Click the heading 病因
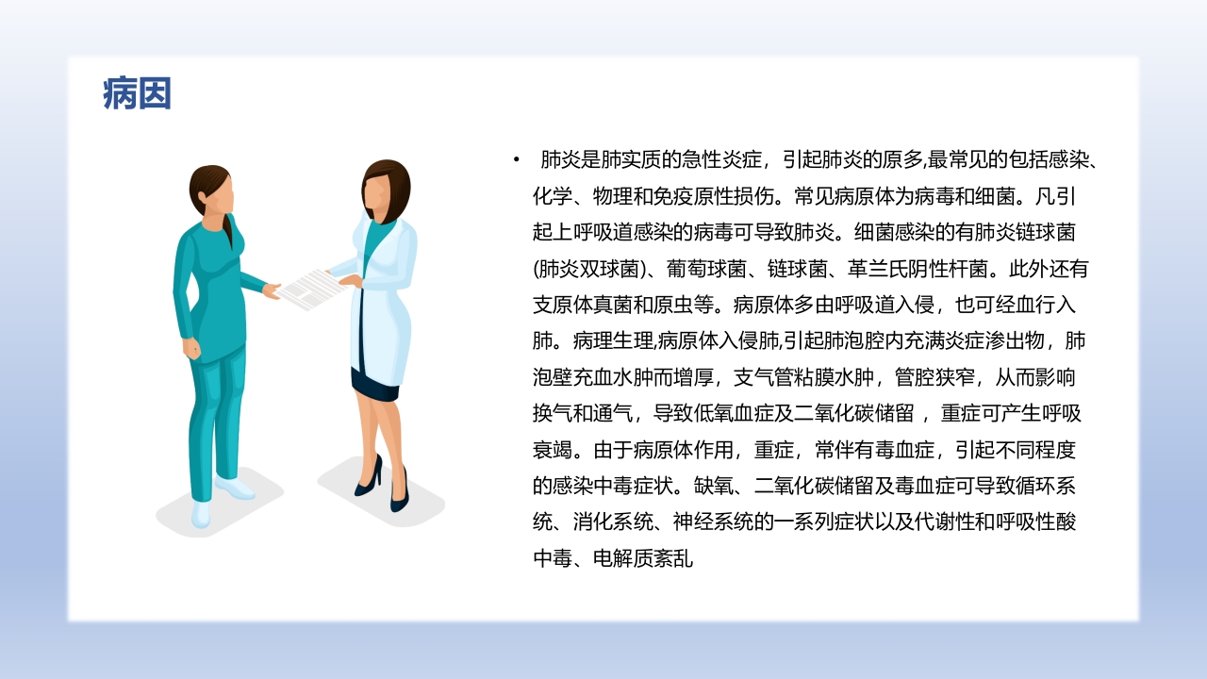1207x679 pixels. point(137,94)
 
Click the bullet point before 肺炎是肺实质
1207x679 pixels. point(517,160)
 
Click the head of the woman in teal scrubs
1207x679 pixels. point(210,191)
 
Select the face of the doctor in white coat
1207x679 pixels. point(382,193)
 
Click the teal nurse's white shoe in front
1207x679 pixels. point(201,514)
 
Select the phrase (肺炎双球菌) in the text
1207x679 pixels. point(589,269)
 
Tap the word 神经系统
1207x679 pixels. point(714,523)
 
